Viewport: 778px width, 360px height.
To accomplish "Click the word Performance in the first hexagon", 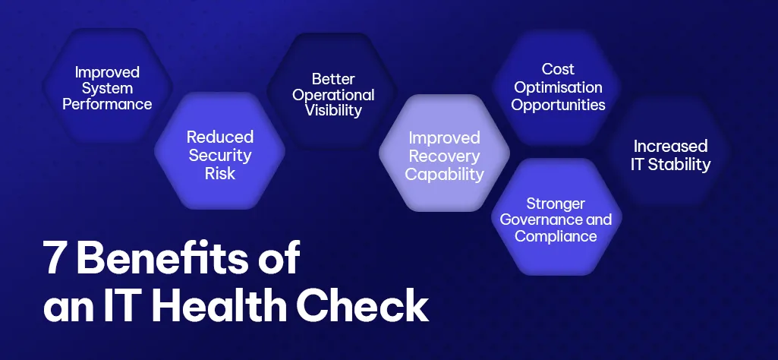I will tap(107, 104).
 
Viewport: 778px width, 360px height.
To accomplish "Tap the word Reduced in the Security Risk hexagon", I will tap(220, 138).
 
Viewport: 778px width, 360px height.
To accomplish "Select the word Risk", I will tap(220, 173).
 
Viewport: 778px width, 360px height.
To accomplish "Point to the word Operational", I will tap(333, 95).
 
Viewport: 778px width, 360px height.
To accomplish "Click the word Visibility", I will tap(333, 111).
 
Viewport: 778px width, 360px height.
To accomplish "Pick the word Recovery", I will tap(445, 156).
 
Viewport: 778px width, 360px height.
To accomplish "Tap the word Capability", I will tap(445, 174).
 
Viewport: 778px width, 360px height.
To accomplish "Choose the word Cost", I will tap(558, 70).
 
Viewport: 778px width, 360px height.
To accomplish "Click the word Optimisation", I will tap(558, 87).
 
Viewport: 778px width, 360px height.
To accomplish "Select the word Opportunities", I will tap(558, 105).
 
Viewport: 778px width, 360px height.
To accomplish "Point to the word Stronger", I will tap(556, 204).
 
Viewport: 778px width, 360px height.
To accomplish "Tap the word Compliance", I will tap(556, 237).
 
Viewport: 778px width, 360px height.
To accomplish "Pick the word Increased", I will tap(670, 146).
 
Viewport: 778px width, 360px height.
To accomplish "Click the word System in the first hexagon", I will tap(107, 88).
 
